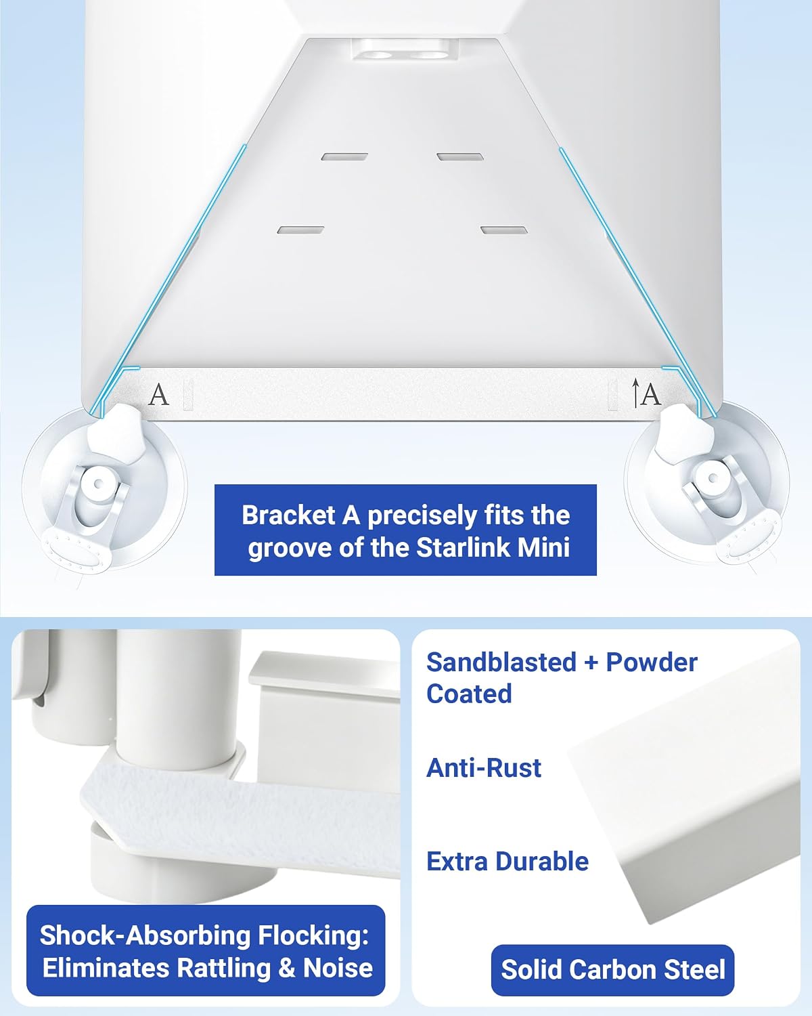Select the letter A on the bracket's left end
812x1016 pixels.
point(158,395)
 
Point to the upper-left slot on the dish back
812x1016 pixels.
point(345,156)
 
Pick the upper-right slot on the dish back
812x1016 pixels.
point(460,156)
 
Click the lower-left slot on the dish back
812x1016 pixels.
point(301,230)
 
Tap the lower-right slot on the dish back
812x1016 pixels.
point(504,230)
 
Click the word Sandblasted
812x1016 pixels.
point(501,662)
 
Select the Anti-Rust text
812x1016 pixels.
point(484,767)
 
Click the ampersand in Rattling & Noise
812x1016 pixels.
point(286,969)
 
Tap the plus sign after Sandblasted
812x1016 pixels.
point(591,663)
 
